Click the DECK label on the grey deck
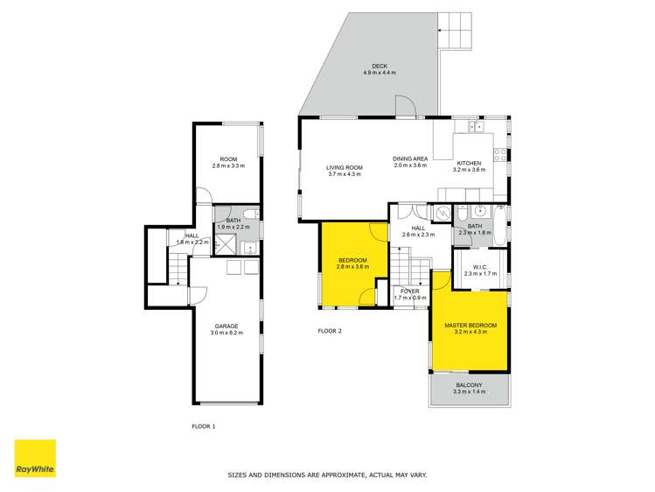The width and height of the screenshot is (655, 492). pyautogui.click(x=379, y=66)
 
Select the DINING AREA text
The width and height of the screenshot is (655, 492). pyautogui.click(x=409, y=158)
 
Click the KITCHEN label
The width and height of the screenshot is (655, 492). pyautogui.click(x=469, y=163)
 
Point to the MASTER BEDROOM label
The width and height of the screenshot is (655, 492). pyautogui.click(x=469, y=325)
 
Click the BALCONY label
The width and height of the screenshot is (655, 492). pyautogui.click(x=469, y=385)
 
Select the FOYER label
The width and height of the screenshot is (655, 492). pyautogui.click(x=409, y=291)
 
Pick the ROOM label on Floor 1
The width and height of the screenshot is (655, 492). pyautogui.click(x=227, y=158)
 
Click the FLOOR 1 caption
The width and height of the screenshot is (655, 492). pyautogui.click(x=203, y=426)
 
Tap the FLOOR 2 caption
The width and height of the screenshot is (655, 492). pyautogui.click(x=329, y=331)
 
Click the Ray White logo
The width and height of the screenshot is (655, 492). pyautogui.click(x=35, y=460)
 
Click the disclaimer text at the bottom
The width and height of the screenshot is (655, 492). pyautogui.click(x=327, y=474)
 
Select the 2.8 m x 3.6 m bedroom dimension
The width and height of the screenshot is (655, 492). pyautogui.click(x=353, y=266)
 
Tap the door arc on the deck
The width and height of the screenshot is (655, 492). pyautogui.click(x=403, y=106)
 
